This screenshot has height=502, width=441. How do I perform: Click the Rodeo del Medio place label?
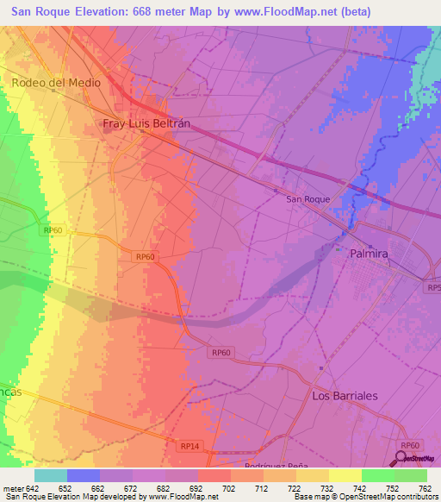point(56,83)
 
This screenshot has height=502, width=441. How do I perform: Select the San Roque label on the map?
point(307,199)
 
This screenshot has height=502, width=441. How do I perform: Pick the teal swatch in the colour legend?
point(50,475)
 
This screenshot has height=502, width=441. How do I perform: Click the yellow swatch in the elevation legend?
point(345,475)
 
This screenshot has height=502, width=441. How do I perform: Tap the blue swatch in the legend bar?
point(83,475)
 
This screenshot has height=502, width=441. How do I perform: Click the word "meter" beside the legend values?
point(12,488)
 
